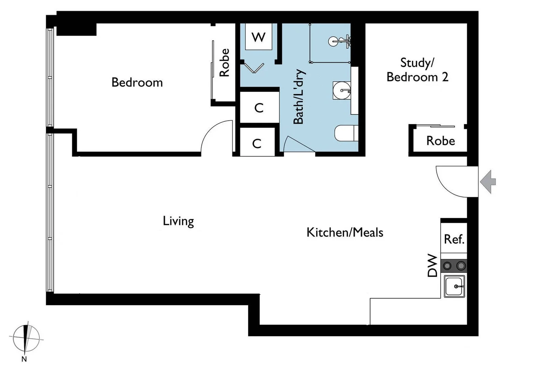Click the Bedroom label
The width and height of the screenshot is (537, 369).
137,82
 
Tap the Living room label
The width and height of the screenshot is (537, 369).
178,221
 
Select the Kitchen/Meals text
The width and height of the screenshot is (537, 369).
345,232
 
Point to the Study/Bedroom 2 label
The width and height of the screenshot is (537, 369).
417,70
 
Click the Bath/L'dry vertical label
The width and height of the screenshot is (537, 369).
298,97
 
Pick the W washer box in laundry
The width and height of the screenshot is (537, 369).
258,37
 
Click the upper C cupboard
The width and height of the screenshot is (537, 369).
259,108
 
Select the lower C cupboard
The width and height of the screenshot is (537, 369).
257,143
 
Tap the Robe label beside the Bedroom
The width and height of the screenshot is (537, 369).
224,63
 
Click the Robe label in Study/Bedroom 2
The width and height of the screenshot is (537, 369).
440,141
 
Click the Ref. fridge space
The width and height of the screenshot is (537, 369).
454,239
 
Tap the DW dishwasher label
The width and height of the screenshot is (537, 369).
432,265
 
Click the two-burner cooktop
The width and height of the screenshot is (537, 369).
454,265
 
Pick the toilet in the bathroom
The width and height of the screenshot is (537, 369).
346,133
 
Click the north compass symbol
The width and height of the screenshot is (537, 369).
26,339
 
